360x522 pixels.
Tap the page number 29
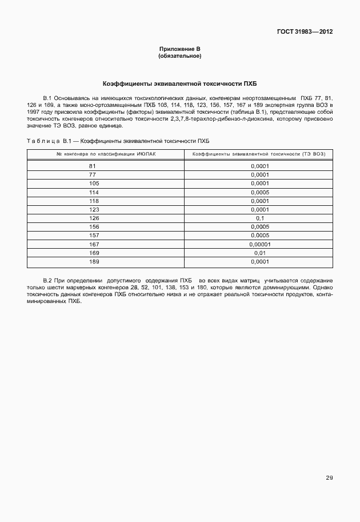click(329, 477)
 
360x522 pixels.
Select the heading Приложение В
click(179, 50)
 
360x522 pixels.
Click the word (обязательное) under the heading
click(179, 56)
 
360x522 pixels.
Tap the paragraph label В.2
click(47, 280)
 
